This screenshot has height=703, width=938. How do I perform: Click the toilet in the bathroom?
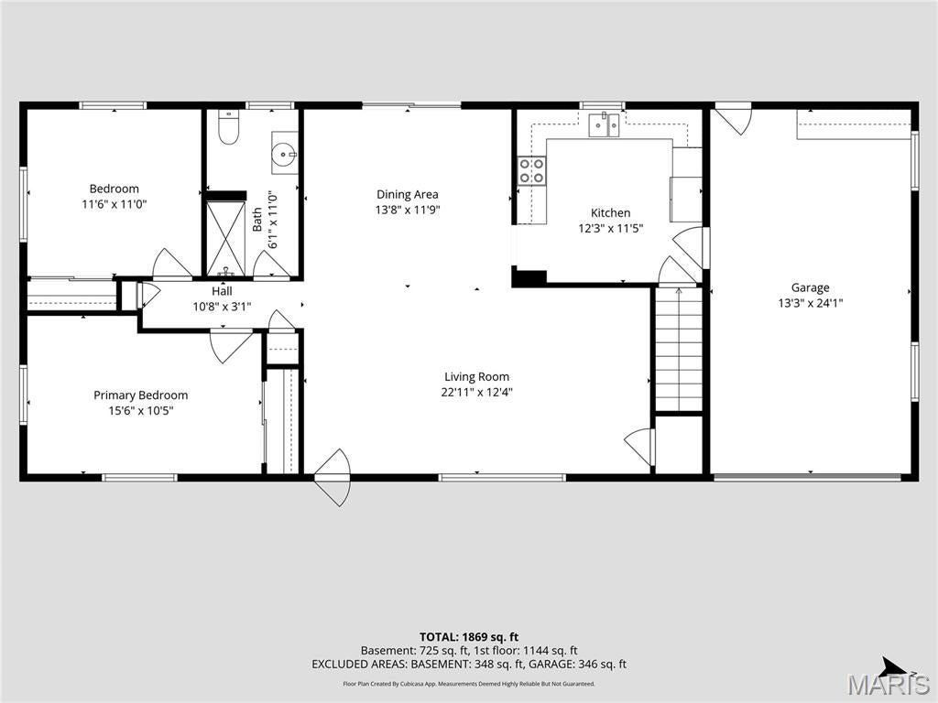(x=228, y=127)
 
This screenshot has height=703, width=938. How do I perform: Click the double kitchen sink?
(x=604, y=124)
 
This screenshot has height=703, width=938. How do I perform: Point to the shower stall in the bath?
(x=225, y=239)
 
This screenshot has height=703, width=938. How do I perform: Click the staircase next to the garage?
(x=679, y=349)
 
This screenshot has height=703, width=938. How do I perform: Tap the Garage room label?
(x=810, y=287)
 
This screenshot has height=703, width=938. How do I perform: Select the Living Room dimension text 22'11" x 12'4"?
(x=476, y=392)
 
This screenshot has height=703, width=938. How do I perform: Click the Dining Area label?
(x=408, y=194)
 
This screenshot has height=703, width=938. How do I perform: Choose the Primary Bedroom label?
(x=140, y=395)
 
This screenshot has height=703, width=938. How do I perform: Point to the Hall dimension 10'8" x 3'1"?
(x=222, y=307)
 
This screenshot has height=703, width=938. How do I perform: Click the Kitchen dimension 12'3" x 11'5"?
(x=610, y=228)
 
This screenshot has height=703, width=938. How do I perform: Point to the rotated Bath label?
(x=256, y=220)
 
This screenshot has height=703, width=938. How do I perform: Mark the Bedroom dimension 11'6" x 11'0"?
(x=115, y=204)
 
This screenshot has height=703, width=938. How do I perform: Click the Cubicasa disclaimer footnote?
(x=468, y=683)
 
